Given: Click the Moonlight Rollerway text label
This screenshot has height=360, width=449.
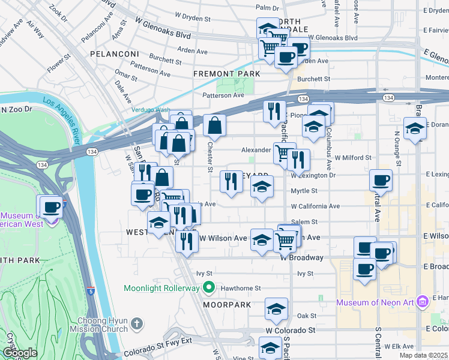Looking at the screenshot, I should (161, 288).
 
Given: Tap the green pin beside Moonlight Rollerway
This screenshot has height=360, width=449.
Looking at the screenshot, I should (208, 287).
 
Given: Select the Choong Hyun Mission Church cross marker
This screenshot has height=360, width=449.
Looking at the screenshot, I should (137, 324).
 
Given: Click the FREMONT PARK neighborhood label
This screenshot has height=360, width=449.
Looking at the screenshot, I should (226, 74).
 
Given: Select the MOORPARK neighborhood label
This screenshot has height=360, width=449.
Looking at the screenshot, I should (226, 305).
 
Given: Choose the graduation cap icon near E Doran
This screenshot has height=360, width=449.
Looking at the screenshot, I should (415, 128).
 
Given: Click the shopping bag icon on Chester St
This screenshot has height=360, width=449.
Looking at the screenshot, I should (214, 126).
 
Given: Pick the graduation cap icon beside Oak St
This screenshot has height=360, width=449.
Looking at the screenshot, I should (276, 309).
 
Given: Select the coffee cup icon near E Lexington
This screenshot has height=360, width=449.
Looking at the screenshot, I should (381, 180).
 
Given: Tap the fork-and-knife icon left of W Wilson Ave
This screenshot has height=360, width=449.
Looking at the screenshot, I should (187, 241).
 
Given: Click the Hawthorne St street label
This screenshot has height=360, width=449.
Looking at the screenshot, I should (240, 288).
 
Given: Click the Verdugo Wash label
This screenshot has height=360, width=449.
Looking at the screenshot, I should (151, 110).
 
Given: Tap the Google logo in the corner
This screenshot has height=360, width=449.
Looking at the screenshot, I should (20, 353).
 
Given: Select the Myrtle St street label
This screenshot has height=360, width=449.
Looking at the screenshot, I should (304, 191).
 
